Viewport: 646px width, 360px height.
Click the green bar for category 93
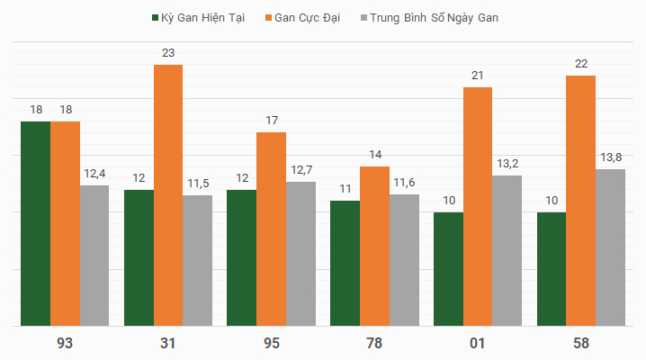coord(36,223)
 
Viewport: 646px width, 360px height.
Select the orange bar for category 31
coord(168,195)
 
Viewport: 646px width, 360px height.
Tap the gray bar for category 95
coord(301,254)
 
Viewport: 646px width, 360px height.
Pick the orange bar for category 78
coord(374,246)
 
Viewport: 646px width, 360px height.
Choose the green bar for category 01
coord(448,269)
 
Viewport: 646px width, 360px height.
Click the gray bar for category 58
coord(610,247)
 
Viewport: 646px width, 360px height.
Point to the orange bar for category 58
coord(580,201)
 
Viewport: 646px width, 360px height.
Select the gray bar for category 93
coord(94,256)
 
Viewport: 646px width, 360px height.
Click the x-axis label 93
coord(65,343)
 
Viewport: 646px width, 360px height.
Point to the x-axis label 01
coord(477,343)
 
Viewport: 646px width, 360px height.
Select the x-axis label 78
coord(374,343)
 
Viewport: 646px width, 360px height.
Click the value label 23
coord(168,53)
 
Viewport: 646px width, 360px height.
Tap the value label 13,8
coord(611,157)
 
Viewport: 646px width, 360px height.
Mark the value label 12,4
coord(94,174)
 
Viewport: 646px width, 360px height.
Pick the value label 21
coord(478,76)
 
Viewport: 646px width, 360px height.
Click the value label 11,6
coord(404,183)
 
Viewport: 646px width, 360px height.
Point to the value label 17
coord(272,121)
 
